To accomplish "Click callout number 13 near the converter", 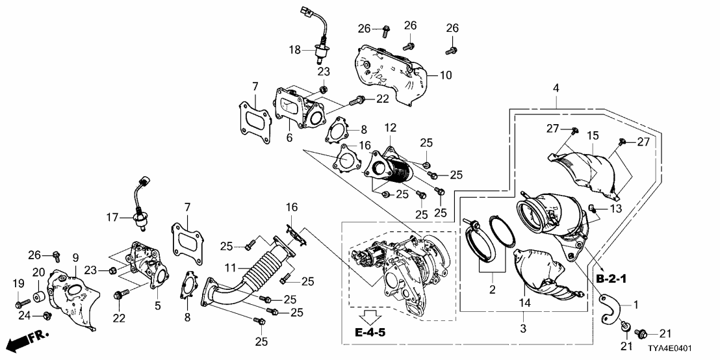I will pos(616,208).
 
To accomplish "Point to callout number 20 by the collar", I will pos(38,272).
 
